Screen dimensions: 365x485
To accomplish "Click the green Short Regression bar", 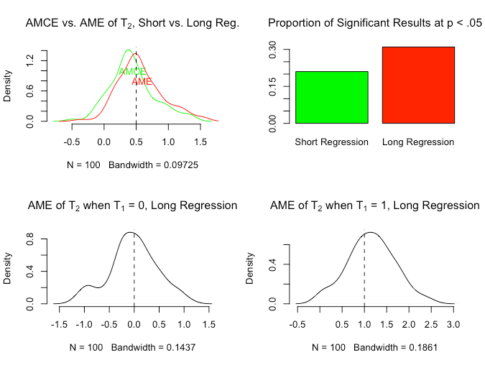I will (x=331, y=97).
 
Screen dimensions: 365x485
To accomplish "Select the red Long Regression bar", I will (x=418, y=85).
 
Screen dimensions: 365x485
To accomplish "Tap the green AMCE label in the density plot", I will (x=132, y=72).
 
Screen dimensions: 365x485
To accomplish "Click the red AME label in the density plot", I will (x=142, y=82).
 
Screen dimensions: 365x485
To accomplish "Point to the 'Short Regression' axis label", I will (x=331, y=142).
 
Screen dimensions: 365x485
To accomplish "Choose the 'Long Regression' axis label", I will (x=418, y=142).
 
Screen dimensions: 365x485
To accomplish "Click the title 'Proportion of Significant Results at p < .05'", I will (x=374, y=24).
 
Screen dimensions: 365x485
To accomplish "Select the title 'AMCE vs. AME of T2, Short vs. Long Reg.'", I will (x=132, y=24).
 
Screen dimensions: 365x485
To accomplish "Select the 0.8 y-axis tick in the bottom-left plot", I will (x=30, y=243).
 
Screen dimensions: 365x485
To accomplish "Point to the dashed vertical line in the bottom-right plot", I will (x=364, y=273).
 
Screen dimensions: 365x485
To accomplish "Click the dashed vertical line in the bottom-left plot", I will (x=134, y=273).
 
